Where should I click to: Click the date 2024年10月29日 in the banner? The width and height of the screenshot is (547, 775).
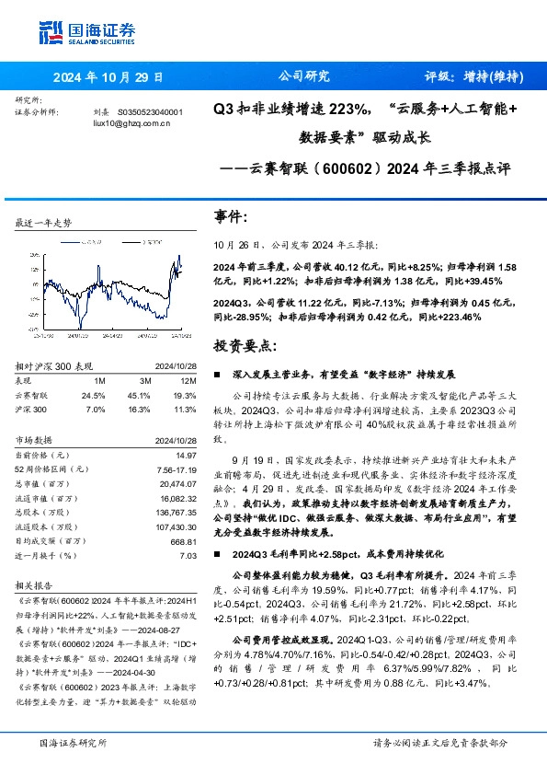click(108, 77)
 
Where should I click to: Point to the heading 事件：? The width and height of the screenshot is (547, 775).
click(231, 217)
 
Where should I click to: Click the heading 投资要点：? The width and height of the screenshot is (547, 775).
click(245, 345)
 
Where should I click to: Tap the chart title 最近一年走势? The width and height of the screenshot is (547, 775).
click(44, 223)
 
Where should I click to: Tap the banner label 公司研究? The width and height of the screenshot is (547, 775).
click(303, 77)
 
